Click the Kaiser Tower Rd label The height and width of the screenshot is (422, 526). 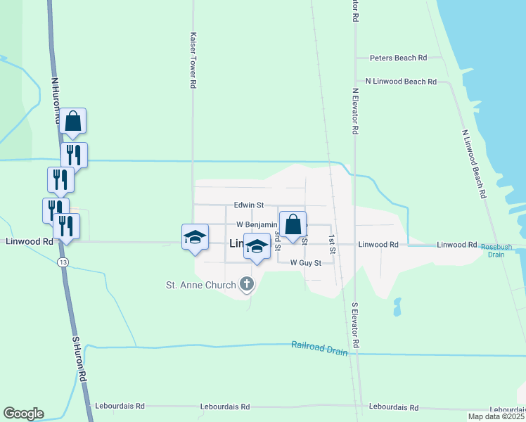192,59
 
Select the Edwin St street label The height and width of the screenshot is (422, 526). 249,205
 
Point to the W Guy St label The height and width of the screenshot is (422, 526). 306,263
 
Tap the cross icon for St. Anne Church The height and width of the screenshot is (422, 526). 246,284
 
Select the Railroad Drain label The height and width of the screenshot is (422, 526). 320,347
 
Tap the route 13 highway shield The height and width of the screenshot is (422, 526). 63,262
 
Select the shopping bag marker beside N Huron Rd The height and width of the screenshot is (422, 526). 72,122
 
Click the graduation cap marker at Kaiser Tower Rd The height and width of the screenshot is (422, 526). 195,237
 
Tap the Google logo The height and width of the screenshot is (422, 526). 23,414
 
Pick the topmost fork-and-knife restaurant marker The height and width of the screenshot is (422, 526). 74,155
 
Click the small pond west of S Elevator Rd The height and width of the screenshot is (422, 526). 397,307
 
